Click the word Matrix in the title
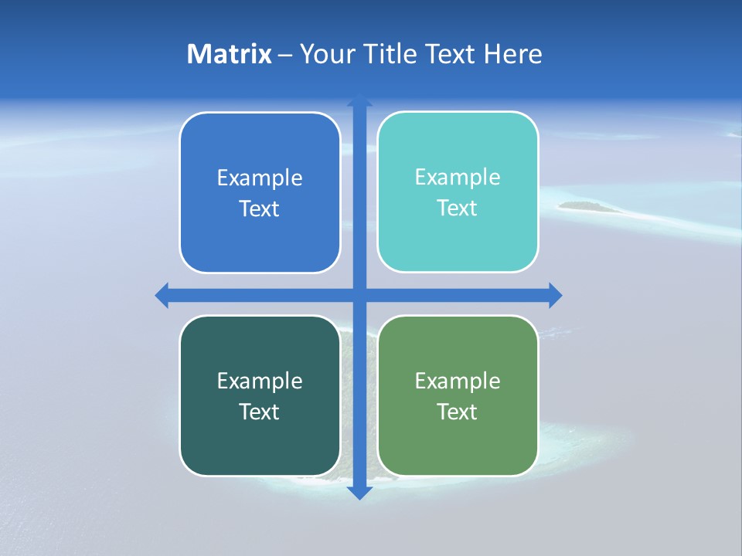coord(230,54)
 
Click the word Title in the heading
coord(393,54)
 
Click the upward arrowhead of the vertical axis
coord(359,101)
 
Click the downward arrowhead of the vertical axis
coord(359,492)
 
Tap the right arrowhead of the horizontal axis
coord(554,295)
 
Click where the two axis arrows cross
coord(359,295)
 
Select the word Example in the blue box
coord(260,178)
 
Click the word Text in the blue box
coord(260,209)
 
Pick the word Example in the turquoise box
coord(458,178)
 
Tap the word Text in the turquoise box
coord(458,208)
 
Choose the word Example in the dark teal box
coord(260,381)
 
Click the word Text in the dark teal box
coord(260,412)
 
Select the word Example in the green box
coord(458,381)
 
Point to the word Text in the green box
coord(458,412)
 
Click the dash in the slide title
coord(285,55)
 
